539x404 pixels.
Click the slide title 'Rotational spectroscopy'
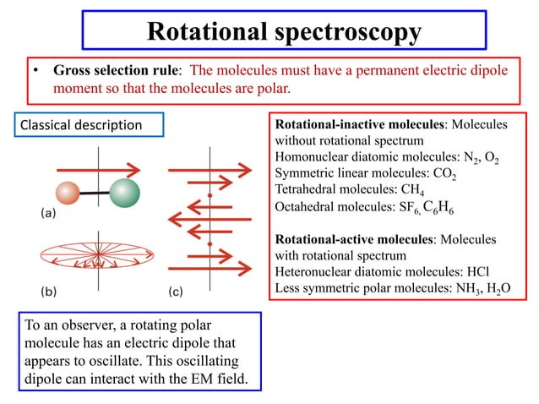click(x=284, y=30)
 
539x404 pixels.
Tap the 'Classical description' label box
click(x=82, y=125)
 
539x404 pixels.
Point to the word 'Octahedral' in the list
click(x=307, y=205)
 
